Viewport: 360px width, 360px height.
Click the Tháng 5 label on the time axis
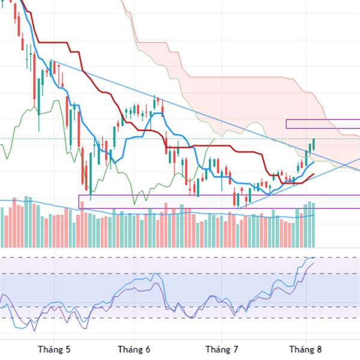click(53, 349)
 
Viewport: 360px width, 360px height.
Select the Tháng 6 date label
click(133, 349)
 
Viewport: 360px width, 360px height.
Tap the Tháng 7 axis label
click(222, 349)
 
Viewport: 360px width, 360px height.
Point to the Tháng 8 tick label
click(305, 349)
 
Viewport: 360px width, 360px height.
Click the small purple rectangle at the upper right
click(323, 124)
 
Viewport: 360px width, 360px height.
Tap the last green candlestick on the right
click(313, 144)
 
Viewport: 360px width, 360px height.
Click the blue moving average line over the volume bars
click(180, 211)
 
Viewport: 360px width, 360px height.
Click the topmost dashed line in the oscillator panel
click(180, 259)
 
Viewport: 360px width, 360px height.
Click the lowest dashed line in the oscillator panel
click(180, 318)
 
